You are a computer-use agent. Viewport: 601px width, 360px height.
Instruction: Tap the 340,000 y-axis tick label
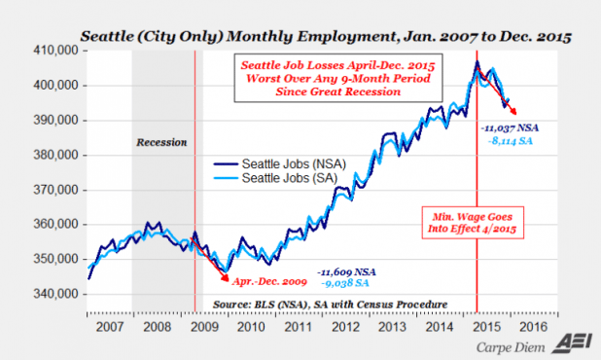tap(57, 293)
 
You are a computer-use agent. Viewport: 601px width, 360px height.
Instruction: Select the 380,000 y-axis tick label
tap(57, 155)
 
